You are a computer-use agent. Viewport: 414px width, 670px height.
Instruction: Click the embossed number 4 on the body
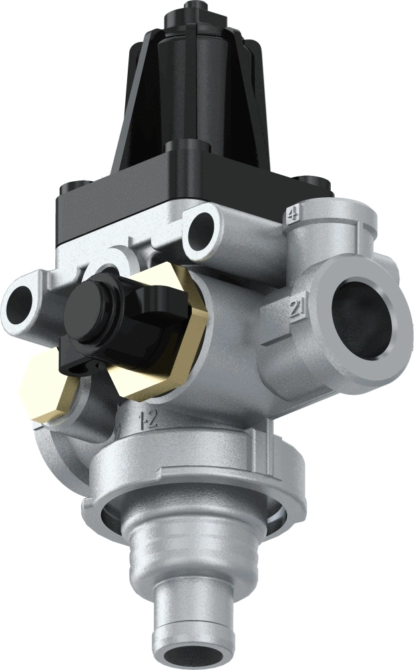291,214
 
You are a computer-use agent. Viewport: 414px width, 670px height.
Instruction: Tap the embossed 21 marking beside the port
297,308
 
